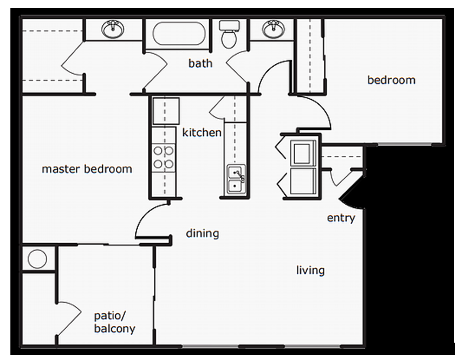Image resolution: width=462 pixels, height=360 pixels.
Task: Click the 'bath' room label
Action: pos(200,63)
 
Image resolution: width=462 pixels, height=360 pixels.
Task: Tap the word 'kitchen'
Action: pos(202,132)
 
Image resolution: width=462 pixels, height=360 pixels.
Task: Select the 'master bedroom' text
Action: pos(87,169)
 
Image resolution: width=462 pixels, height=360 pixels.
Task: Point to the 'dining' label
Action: pos(202,233)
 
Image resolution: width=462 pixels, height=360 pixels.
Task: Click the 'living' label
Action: pos(310,271)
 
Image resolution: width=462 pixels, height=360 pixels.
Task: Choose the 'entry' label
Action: pos(341,218)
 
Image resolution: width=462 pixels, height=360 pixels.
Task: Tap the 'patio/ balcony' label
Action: pos(114,322)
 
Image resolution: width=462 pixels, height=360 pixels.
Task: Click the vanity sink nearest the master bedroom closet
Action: pos(113,29)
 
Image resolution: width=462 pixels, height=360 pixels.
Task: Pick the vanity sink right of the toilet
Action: pos(273,29)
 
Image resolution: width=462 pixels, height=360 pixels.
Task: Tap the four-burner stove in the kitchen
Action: pos(164,157)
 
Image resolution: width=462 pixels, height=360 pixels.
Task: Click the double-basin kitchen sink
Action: pos(235,180)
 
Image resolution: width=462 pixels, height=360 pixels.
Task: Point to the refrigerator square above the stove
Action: pos(166,111)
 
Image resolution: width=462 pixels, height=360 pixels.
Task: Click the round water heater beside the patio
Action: pos(37,259)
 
